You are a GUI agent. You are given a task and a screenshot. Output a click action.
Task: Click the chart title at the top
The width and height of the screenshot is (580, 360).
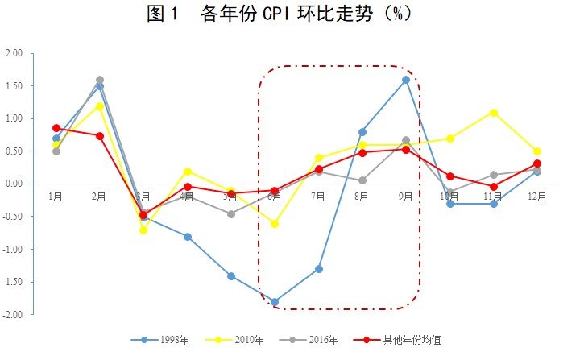pos(289,14)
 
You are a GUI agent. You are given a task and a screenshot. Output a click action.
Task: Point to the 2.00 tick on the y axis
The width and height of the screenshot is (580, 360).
pos(14,53)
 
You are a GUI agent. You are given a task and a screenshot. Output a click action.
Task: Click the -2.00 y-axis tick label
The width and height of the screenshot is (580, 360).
pos(13,314)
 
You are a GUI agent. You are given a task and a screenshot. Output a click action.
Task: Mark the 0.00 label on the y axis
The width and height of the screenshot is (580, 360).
pos(14,184)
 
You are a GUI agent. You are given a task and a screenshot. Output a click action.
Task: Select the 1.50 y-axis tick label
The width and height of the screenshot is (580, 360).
pos(14,86)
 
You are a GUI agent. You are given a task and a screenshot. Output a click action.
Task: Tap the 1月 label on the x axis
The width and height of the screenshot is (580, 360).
pos(56,197)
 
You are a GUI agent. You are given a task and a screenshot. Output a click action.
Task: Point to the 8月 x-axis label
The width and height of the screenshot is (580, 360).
pos(362,197)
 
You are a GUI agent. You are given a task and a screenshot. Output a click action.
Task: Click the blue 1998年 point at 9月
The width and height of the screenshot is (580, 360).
pos(406,80)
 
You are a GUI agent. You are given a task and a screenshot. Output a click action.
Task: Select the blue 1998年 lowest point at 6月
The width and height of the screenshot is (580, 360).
pos(275,302)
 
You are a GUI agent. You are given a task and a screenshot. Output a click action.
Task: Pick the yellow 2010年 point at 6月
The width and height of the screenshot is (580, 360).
pos(275,224)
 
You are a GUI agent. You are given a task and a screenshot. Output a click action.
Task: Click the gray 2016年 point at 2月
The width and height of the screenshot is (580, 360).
pos(100,80)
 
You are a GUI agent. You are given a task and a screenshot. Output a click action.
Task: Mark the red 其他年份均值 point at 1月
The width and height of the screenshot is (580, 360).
pos(56,128)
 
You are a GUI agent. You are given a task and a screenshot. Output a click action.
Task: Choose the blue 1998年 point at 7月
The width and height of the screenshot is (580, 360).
pos(319,269)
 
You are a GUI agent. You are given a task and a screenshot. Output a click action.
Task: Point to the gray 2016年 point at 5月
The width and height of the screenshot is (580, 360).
pos(231,214)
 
